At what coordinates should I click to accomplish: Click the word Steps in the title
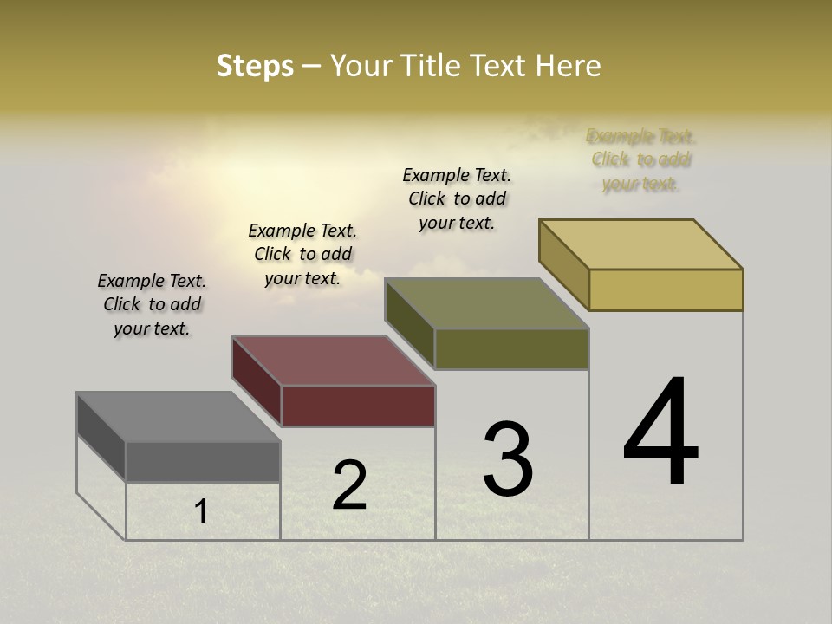point(255,66)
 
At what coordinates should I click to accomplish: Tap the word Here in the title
point(568,66)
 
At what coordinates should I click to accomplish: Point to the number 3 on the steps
point(508,459)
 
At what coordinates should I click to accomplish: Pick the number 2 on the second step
point(349,485)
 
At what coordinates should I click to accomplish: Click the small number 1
point(201,512)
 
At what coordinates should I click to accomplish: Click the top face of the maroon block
point(333,360)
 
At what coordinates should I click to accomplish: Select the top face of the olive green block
point(486,303)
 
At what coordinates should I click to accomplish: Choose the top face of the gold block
point(640,244)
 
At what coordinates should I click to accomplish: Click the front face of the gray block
point(203,461)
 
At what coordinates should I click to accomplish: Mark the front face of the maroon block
point(358,406)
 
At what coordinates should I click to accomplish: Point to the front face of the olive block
point(511,348)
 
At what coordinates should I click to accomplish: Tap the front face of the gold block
point(666,289)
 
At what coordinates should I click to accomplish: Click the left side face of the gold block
point(564,264)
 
